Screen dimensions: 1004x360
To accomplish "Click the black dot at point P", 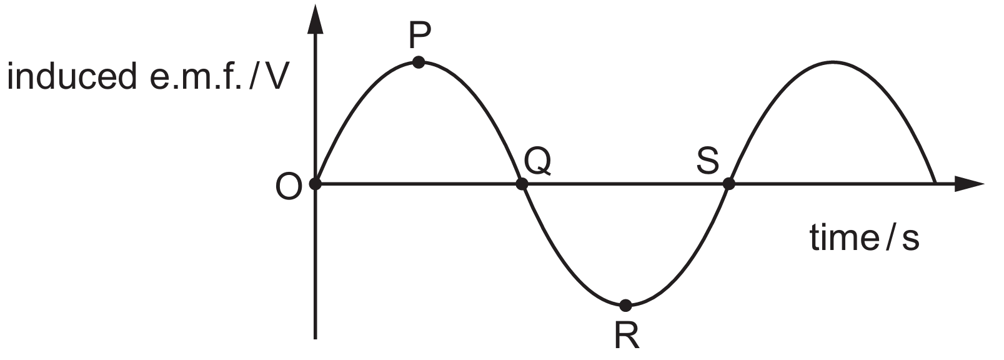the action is [418, 62].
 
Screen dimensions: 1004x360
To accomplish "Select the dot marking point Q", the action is [522, 183].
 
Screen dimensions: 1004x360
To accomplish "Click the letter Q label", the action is [537, 161].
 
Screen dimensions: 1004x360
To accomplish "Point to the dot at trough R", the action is [626, 305].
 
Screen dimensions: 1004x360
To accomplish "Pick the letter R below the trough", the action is [627, 336].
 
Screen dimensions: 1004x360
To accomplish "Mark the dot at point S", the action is [729, 183].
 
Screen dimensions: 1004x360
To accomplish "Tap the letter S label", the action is [708, 161].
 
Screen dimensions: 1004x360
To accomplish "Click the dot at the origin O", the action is [316, 183].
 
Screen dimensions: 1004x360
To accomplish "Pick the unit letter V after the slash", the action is [272, 77].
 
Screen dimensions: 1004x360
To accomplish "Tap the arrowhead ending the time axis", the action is [970, 184].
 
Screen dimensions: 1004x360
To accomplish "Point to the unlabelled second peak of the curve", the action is [833, 61].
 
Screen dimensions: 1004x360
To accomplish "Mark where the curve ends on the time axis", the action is [935, 183].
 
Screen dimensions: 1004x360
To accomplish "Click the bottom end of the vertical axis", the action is [316, 339].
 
